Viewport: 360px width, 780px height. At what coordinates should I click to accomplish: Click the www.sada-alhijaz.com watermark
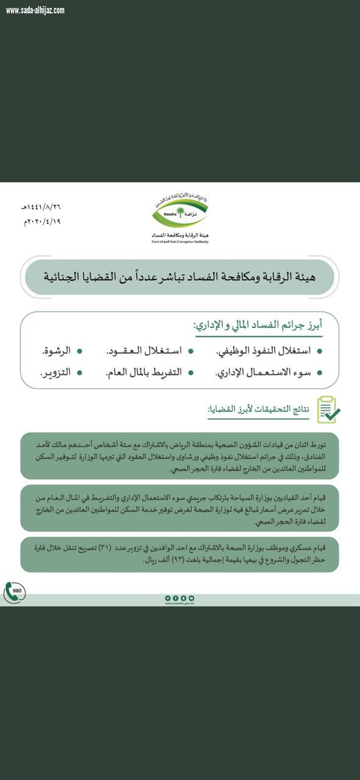[x=35, y=10]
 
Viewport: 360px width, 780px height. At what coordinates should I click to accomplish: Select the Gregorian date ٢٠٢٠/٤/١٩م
[x=42, y=221]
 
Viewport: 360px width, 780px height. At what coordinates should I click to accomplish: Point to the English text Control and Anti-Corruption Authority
[x=180, y=241]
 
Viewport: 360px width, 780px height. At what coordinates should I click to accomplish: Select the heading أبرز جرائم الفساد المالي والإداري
[x=258, y=326]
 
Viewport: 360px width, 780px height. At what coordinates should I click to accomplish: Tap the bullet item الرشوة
[x=56, y=350]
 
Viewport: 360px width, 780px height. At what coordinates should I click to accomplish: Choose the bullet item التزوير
[x=57, y=372]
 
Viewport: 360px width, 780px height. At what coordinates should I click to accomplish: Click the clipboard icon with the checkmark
[x=328, y=409]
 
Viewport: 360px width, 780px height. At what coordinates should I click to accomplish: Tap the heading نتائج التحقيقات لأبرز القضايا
[x=259, y=410]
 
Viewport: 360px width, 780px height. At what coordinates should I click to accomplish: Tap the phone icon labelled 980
[x=15, y=592]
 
